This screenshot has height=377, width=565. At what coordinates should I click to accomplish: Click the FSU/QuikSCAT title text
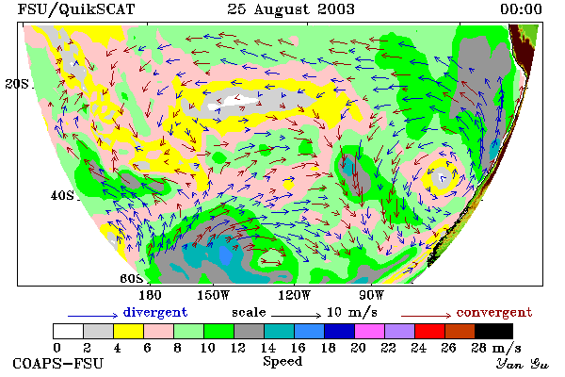click(x=76, y=9)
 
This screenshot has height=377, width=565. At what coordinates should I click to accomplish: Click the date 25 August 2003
click(x=291, y=9)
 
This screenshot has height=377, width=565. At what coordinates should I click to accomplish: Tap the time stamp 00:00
click(x=521, y=9)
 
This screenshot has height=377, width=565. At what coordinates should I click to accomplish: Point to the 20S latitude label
click(x=17, y=84)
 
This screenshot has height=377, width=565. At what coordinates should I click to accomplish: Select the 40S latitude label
click(x=62, y=195)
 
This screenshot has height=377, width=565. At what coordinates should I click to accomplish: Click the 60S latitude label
click(x=131, y=279)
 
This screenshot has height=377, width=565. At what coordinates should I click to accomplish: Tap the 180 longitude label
click(x=150, y=295)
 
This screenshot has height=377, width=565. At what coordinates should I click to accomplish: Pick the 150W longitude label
click(x=214, y=295)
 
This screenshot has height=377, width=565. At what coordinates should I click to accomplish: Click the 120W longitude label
click(x=294, y=295)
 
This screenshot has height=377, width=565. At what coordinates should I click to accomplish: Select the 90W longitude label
click(x=372, y=295)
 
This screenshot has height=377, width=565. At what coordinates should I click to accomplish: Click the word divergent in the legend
click(x=155, y=312)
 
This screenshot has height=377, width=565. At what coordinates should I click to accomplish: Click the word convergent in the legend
click(x=494, y=312)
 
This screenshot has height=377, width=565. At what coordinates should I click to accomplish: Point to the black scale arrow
click(x=296, y=316)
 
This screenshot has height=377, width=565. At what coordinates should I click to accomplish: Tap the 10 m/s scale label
click(x=352, y=312)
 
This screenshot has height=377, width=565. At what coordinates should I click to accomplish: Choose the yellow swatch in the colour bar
click(x=129, y=331)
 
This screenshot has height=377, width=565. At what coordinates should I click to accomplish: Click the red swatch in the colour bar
click(x=430, y=331)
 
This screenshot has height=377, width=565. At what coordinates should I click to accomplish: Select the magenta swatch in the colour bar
click(x=370, y=331)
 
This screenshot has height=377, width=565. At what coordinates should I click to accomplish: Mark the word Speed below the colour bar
click(x=282, y=362)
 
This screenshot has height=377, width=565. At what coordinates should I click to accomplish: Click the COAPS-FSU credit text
click(x=58, y=363)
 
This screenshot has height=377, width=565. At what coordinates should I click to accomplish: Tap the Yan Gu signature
click(x=523, y=364)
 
